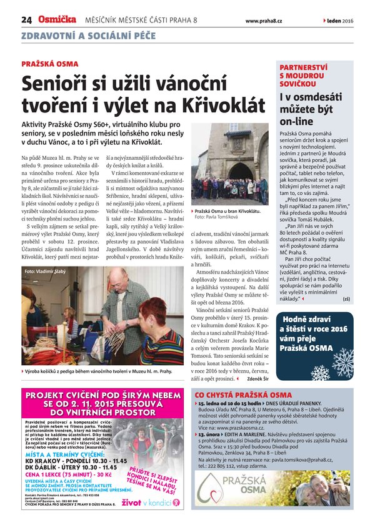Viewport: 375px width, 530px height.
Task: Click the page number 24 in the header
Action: (26, 20)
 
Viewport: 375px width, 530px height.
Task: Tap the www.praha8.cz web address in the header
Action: (263, 21)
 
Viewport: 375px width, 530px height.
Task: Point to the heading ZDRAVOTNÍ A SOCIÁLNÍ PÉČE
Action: (87, 36)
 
